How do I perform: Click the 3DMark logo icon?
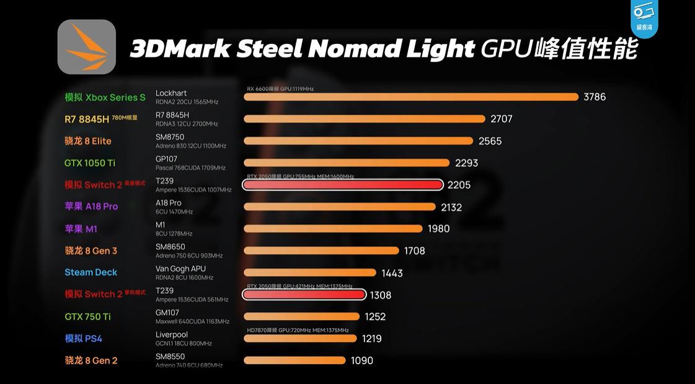[x=87, y=47]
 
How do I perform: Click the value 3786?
[x=595, y=97]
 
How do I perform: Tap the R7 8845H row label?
[x=87, y=119]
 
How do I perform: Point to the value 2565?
[x=490, y=141]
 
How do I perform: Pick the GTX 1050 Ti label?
[x=90, y=163]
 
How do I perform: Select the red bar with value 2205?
[x=343, y=185]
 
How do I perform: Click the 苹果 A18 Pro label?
[x=91, y=207]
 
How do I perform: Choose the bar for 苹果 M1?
[x=333, y=229]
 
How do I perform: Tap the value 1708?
[x=414, y=251]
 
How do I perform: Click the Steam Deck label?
[x=91, y=272]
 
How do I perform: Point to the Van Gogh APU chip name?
[x=180, y=269]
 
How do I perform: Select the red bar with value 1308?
[x=304, y=295]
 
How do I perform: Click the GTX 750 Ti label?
[x=87, y=316]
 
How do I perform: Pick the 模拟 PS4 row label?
[x=83, y=339]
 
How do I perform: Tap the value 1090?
[x=362, y=360]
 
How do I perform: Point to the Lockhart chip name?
[x=171, y=93]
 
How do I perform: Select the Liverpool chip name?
[x=172, y=335]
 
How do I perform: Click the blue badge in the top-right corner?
[x=644, y=17]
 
